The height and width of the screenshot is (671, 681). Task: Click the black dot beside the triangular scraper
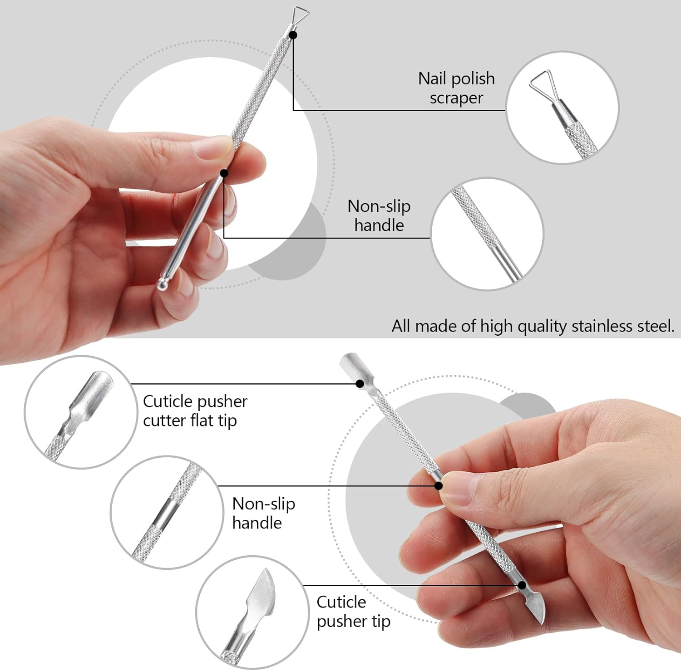[293, 35]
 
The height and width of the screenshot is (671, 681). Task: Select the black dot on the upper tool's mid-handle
[224, 173]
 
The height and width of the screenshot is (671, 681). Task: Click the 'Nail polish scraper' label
[456, 88]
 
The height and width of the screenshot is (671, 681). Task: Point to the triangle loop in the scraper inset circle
[543, 84]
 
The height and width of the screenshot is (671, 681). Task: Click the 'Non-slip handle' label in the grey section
[379, 216]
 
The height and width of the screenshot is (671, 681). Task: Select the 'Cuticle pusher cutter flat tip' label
[195, 411]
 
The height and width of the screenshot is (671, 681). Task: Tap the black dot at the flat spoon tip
[360, 384]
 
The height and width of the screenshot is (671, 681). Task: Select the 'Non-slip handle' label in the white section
[263, 513]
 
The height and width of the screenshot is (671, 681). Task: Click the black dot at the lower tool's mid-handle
[439, 486]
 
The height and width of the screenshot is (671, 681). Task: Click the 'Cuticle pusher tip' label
[353, 612]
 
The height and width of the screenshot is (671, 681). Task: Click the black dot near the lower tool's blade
[522, 585]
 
